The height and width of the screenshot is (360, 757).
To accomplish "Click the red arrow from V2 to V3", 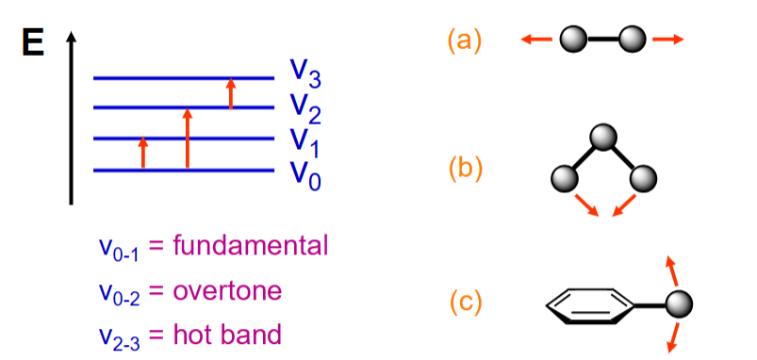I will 231,93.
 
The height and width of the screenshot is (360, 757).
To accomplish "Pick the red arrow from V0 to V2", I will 188,138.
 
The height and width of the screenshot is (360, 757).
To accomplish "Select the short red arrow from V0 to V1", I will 143,153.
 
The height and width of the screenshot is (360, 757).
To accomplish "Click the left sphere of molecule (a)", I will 572,40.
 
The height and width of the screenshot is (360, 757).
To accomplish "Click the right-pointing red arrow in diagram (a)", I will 669,40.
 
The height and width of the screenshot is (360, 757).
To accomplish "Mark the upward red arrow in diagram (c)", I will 672,270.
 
